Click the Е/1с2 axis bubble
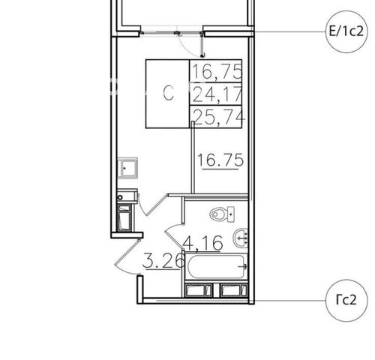tap(346, 31)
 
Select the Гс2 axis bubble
tap(347, 300)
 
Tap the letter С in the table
tap(168, 93)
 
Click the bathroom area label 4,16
tap(203, 243)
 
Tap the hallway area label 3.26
tap(163, 261)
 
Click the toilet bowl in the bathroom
tap(218, 214)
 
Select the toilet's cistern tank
tap(231, 214)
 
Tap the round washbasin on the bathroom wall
tap(241, 238)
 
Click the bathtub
tap(216, 266)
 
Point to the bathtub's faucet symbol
tap(243, 267)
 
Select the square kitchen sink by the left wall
tap(127, 168)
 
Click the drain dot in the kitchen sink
tap(124, 169)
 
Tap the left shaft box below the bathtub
tap(199, 290)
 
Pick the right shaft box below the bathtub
tap(234, 290)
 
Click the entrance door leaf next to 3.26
tap(127, 252)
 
